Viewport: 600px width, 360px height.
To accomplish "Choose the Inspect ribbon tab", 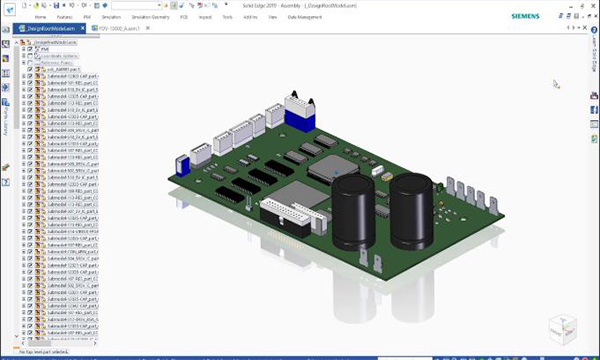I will click(x=205, y=18).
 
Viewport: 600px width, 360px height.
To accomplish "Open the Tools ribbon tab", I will click(x=228, y=18).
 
